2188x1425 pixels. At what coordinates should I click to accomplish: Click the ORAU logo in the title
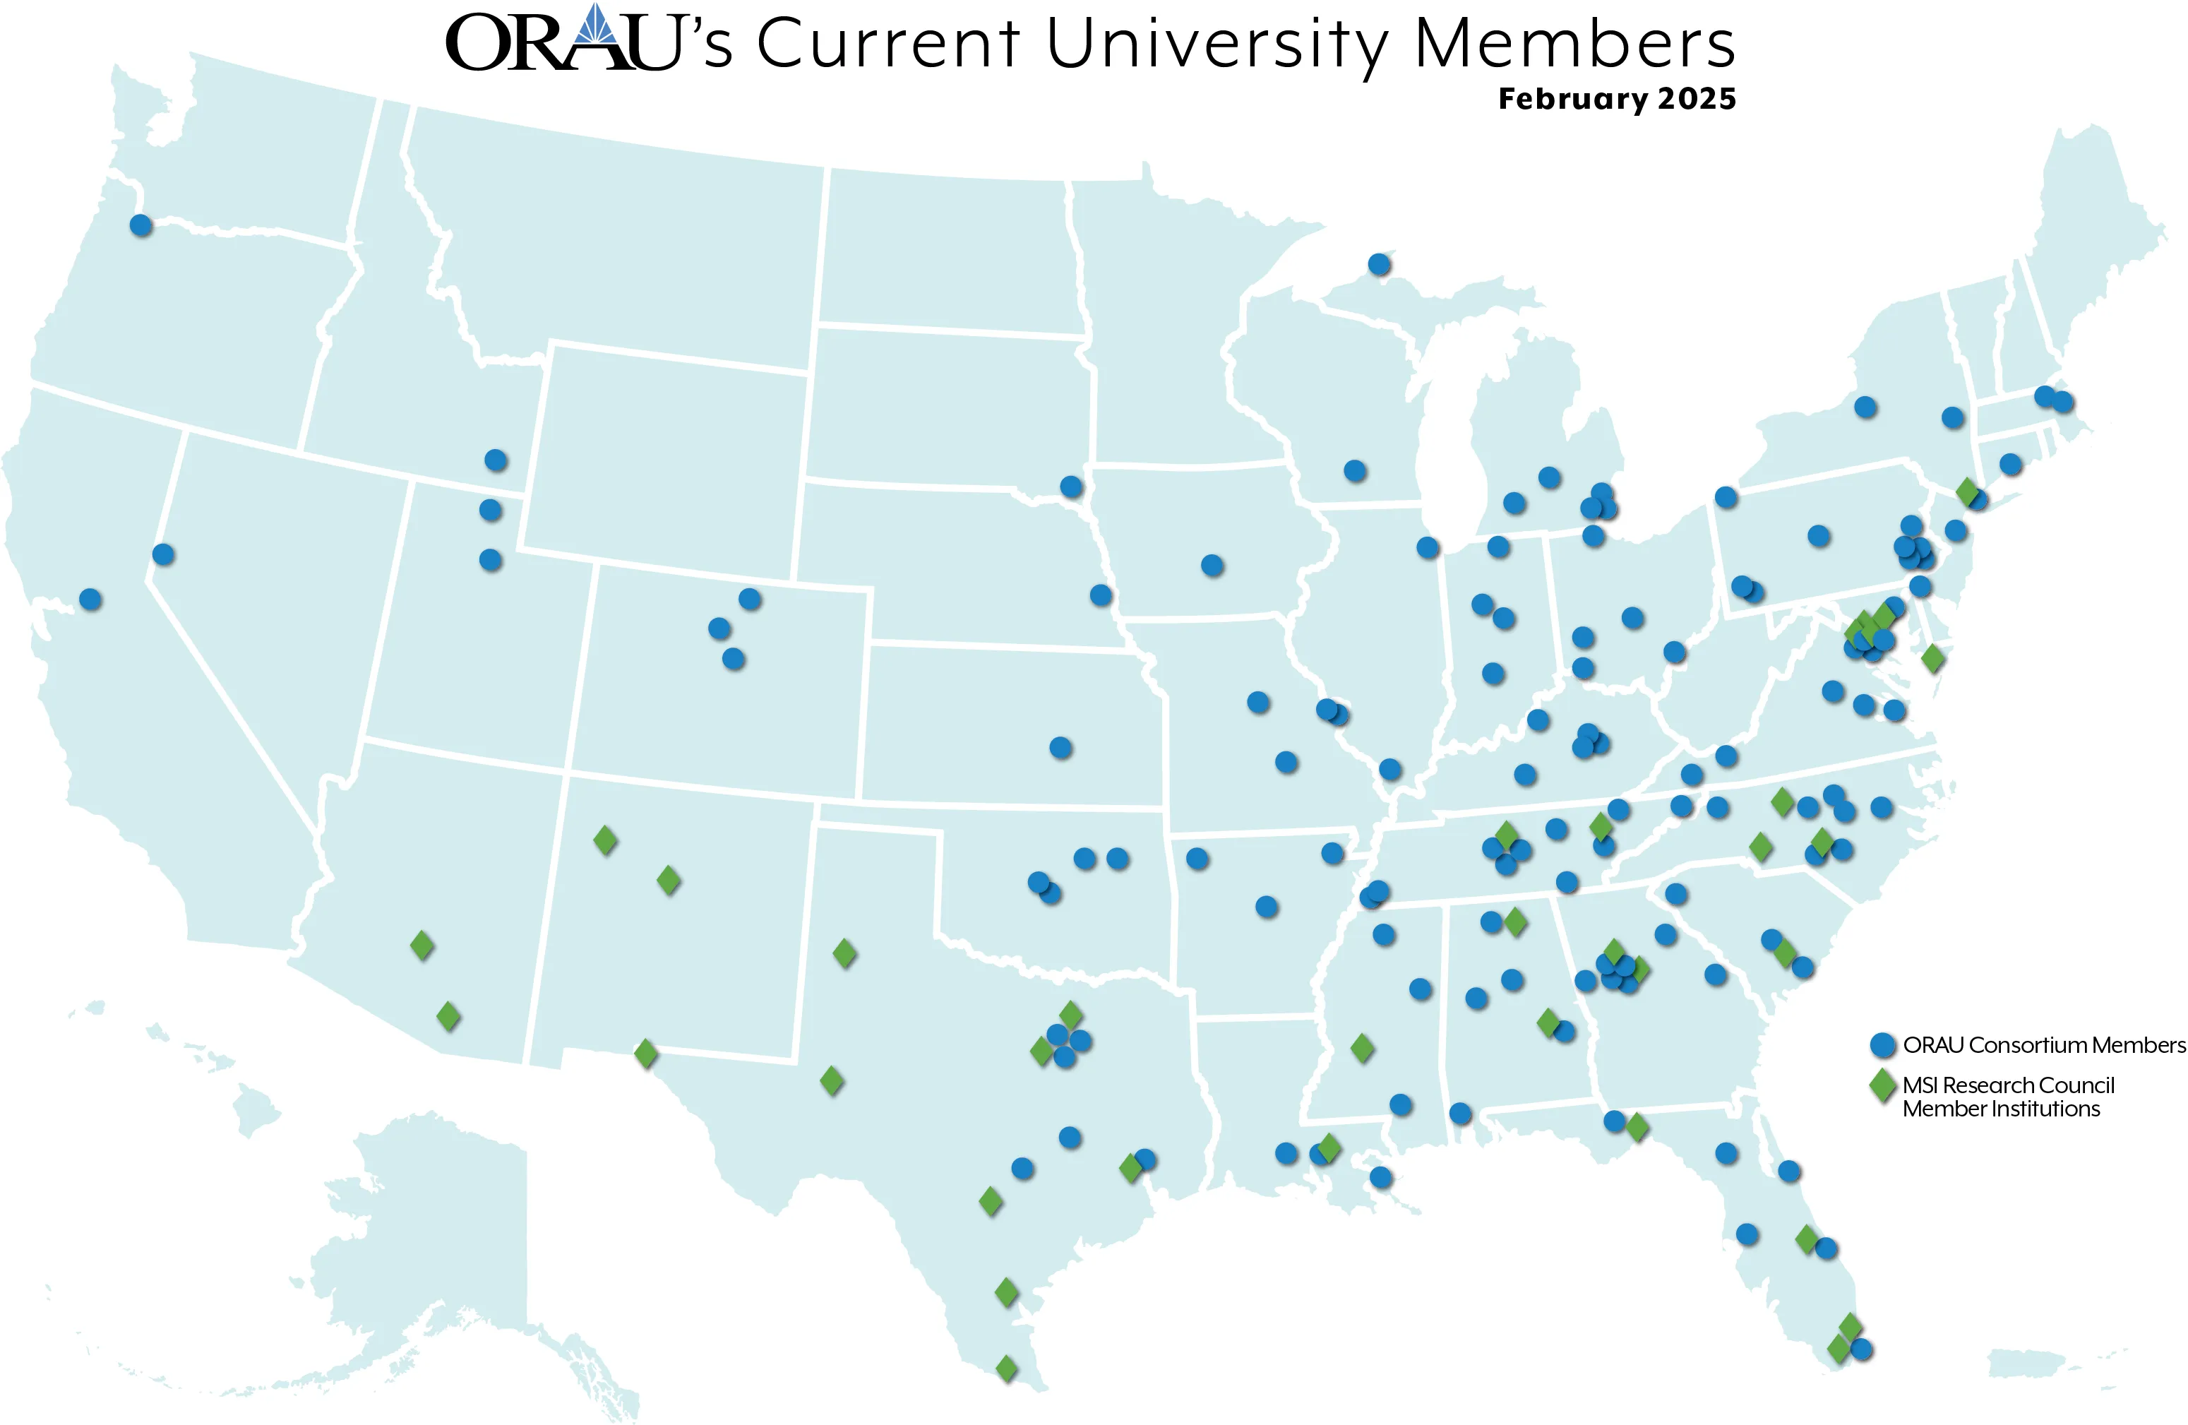coord(563,42)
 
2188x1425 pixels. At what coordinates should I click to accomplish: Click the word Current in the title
coord(888,43)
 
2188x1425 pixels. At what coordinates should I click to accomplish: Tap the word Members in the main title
coord(1574,43)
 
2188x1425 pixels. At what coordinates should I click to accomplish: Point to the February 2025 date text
coord(1616,98)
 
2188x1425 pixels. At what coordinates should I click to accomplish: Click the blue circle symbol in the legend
coord(1883,1045)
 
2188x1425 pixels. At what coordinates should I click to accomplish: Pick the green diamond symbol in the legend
coord(1883,1086)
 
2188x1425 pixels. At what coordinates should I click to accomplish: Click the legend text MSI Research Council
coord(2008,1086)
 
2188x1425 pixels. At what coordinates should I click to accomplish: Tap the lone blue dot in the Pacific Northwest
coord(141,225)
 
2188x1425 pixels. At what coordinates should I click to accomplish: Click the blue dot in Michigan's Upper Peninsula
coord(1379,265)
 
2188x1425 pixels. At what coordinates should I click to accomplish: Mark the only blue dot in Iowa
coord(1212,566)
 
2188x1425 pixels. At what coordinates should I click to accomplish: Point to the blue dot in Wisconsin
coord(1355,471)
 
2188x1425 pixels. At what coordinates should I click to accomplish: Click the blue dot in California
coord(90,600)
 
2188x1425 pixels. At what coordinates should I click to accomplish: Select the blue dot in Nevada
coord(162,554)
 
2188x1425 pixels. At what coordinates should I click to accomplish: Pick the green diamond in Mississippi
coord(1363,1047)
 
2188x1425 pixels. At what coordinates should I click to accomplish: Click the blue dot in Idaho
coord(496,460)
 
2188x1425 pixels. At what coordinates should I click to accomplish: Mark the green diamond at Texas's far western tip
coord(646,1053)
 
